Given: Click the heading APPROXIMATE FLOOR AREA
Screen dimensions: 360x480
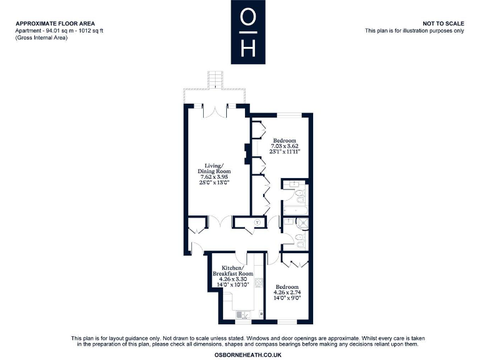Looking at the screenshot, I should point(56,24).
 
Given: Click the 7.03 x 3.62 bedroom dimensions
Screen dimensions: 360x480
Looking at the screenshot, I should point(285,146).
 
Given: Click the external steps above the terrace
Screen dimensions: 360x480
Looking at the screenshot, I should point(216,79).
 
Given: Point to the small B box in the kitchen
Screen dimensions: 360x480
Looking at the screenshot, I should point(261,313).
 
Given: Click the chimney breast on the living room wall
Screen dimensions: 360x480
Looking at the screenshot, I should point(247,151).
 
